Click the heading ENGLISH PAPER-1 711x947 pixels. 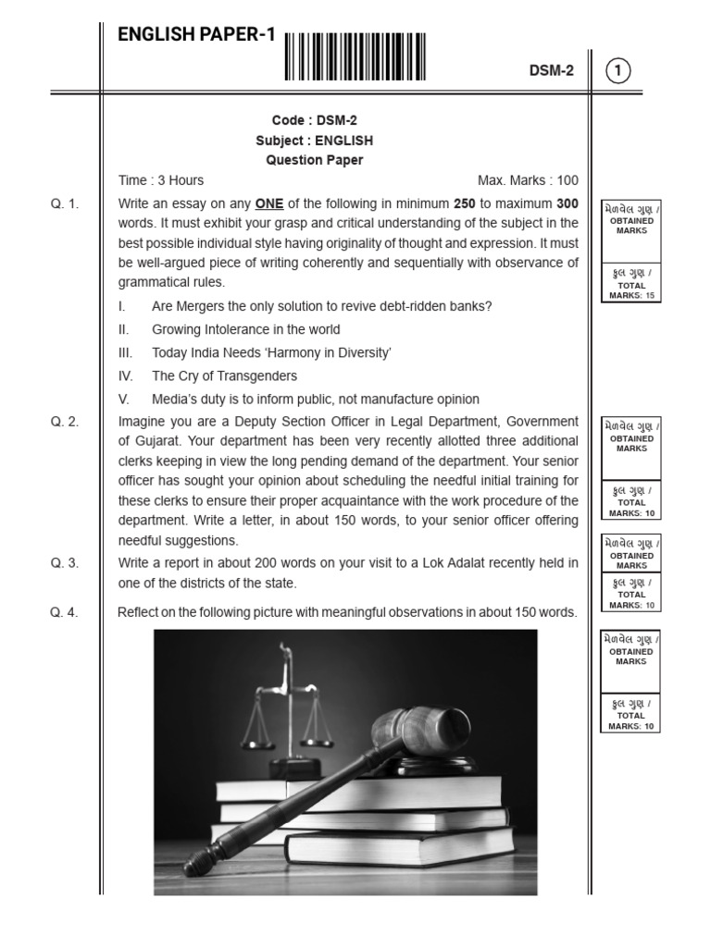(196, 35)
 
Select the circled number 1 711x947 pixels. (618, 70)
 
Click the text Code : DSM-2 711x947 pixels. (314, 121)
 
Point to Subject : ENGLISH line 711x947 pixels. (314, 141)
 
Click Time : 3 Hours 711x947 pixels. (161, 180)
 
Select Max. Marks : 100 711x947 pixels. (528, 180)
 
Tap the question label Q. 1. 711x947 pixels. (65, 203)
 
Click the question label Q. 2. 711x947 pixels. (65, 422)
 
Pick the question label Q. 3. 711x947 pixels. (65, 562)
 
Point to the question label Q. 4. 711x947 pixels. (65, 611)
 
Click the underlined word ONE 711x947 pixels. (268, 203)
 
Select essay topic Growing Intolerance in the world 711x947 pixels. (245, 329)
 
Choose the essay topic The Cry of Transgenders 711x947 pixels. (224, 375)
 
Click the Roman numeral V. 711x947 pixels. (123, 400)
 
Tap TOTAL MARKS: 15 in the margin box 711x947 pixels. (630, 290)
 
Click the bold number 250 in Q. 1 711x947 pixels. (464, 203)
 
